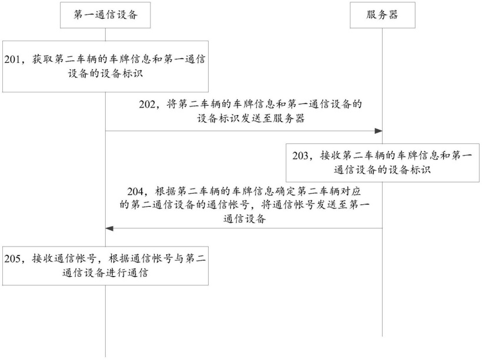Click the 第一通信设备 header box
(x=105, y=15)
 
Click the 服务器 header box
(x=383, y=15)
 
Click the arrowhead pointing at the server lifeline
(x=379, y=131)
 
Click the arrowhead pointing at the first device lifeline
(x=109, y=228)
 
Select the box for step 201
(x=105, y=66)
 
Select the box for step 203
(x=383, y=163)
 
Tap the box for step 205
(x=105, y=265)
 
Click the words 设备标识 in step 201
(x=122, y=73)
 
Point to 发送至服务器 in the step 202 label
(x=272, y=119)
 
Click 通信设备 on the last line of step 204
(x=245, y=219)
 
